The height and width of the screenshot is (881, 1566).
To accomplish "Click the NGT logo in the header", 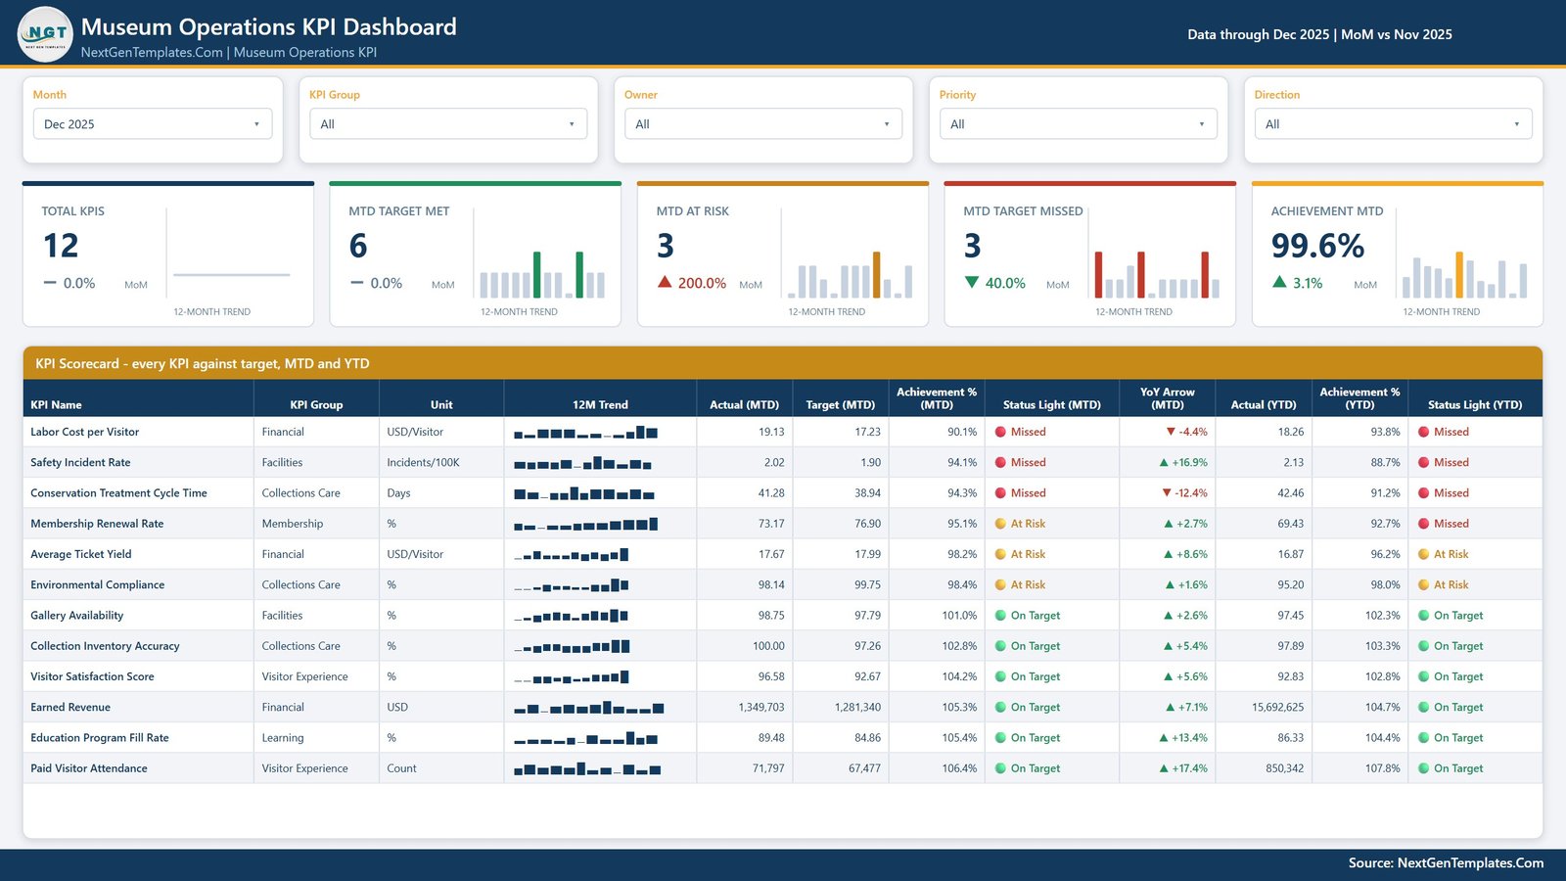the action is click(45, 34).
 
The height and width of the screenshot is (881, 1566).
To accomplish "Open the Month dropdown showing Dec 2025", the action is click(153, 123).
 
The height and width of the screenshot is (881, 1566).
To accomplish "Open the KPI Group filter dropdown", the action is click(448, 123).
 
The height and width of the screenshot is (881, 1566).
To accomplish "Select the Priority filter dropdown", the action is click(1078, 123).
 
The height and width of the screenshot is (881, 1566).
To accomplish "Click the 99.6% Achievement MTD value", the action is click(1317, 246).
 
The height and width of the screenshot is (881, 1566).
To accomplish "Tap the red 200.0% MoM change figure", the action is click(702, 283).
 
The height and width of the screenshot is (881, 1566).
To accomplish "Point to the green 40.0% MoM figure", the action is click(1005, 283).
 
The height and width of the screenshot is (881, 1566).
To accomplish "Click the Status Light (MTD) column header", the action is click(1051, 405).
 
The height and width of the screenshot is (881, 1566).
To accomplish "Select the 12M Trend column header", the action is click(600, 405).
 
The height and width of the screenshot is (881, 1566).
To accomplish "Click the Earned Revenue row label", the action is click(70, 707).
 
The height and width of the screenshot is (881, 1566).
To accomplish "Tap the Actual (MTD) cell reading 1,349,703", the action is click(761, 707).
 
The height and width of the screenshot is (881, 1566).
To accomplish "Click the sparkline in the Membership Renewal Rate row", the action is click(586, 525).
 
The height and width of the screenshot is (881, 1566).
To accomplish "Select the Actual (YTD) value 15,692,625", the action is click(1277, 707).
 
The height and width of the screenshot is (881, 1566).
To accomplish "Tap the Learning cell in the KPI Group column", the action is click(283, 738).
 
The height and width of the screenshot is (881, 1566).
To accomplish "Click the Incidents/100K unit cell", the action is click(423, 462).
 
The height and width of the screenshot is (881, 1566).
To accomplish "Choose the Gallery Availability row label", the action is click(77, 616).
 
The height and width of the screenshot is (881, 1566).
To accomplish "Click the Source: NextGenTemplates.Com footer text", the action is click(1446, 862).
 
